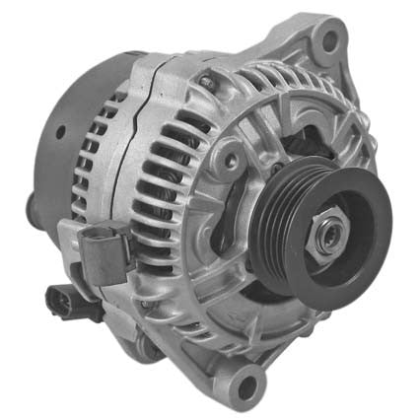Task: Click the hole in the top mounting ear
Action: [329, 40]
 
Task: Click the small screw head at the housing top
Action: [205, 79]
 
